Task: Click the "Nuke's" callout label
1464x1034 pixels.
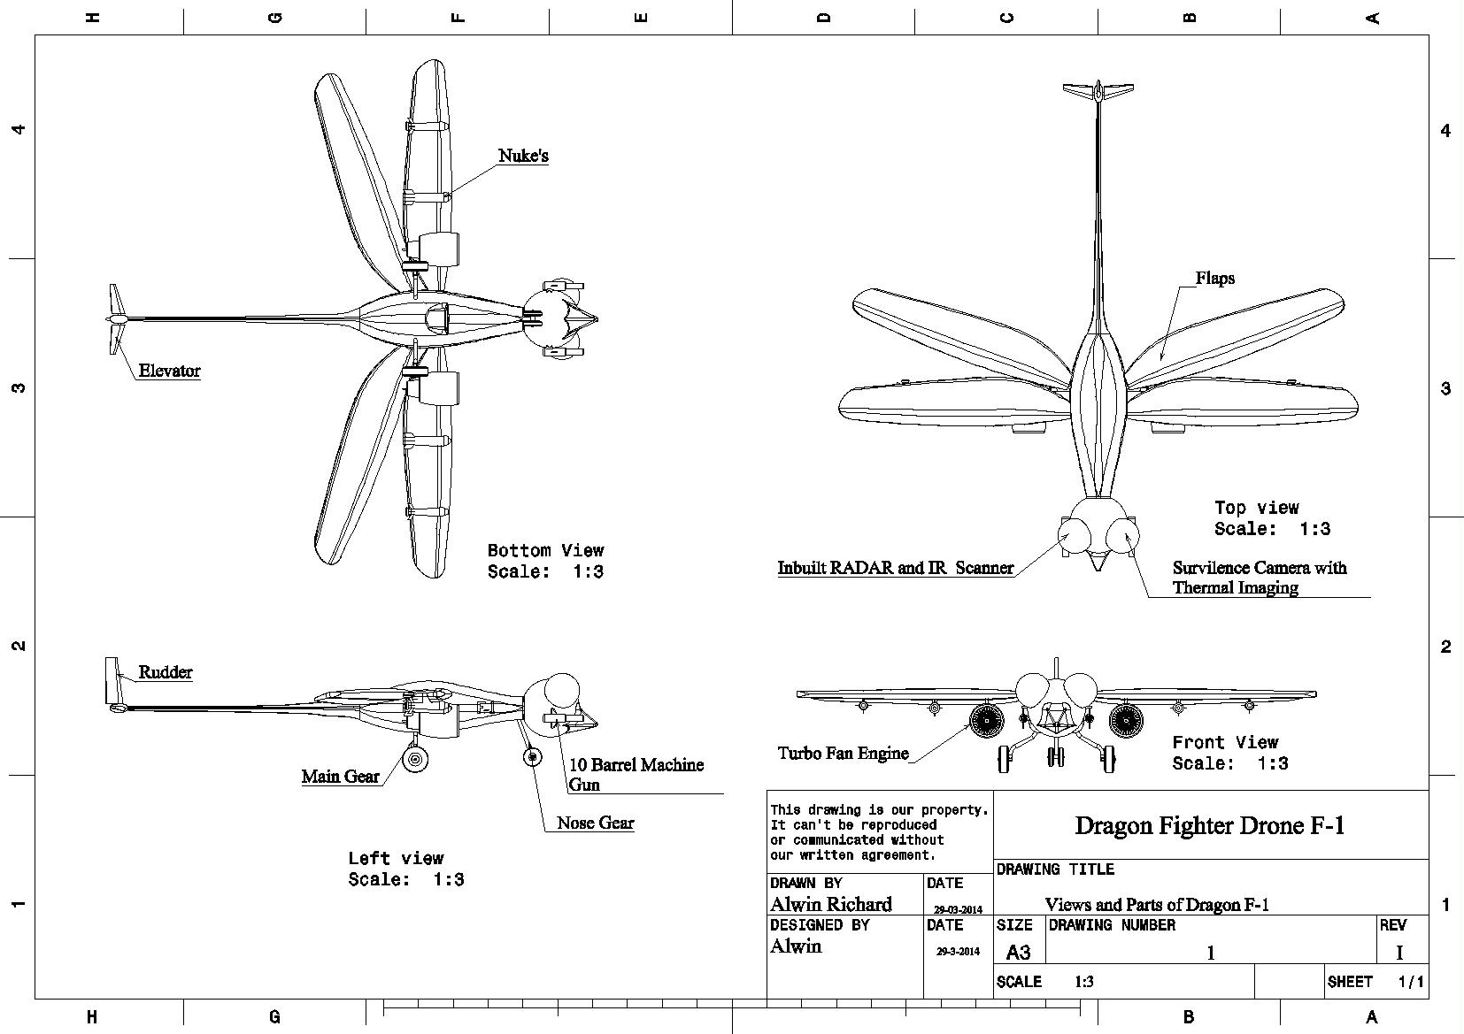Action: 523,156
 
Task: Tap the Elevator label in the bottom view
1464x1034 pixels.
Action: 169,371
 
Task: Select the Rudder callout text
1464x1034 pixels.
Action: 166,671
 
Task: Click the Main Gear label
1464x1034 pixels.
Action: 340,776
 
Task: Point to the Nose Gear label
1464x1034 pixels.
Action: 596,823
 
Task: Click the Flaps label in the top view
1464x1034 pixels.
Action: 1215,278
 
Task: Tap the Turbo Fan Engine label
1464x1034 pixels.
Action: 844,753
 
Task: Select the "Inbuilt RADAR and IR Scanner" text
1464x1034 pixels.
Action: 896,568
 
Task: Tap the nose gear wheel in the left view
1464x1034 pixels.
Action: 533,756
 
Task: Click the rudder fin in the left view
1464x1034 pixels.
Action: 112,680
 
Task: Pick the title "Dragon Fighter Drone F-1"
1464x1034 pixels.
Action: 1210,825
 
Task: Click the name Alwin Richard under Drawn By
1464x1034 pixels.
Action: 830,904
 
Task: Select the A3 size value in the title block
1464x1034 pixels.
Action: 1018,953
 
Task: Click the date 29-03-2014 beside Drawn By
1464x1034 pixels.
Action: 958,909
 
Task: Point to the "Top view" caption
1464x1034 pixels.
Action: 1256,508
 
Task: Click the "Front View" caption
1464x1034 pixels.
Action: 1225,743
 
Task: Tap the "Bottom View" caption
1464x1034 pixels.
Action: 546,551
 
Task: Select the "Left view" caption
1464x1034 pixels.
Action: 396,858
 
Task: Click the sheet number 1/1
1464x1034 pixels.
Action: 1410,982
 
